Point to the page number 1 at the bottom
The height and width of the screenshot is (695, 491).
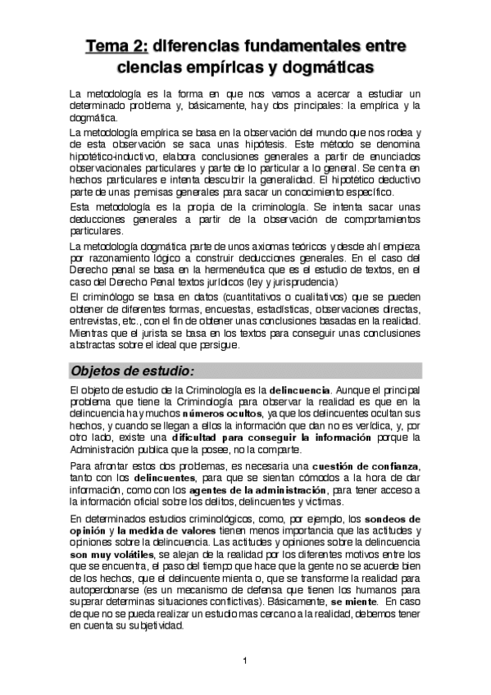245,661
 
